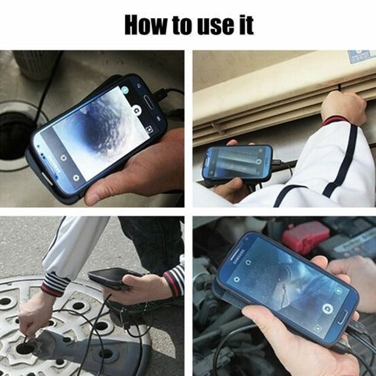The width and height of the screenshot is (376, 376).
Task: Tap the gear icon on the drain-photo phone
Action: click(x=76, y=178)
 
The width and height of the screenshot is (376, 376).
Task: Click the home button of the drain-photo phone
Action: click(x=149, y=102)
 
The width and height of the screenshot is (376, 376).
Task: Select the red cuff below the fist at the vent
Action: click(x=335, y=120)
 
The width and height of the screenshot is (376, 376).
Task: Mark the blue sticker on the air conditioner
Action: click(x=361, y=56)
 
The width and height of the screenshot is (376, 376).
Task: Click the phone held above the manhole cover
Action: click(x=113, y=277)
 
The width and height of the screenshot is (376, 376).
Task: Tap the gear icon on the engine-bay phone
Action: click(x=237, y=279)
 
